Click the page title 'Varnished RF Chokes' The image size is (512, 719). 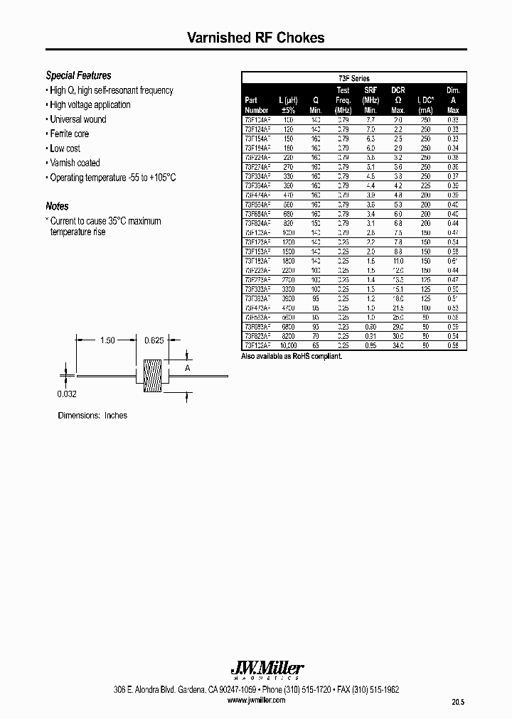click(x=255, y=38)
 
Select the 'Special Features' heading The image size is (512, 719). click(x=78, y=75)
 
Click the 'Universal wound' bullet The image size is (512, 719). click(x=78, y=119)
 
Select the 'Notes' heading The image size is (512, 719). click(x=57, y=206)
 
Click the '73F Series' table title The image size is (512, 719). click(x=353, y=78)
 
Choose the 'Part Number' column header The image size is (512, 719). click(x=256, y=105)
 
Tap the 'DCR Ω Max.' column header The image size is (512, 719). click(x=398, y=100)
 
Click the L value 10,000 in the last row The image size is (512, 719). click(x=289, y=345)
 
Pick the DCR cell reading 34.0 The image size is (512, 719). click(x=398, y=345)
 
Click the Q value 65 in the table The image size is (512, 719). click(x=316, y=345)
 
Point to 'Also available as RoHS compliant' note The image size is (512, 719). click(x=292, y=355)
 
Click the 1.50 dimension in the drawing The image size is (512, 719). click(x=107, y=341)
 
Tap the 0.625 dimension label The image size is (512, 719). click(x=154, y=341)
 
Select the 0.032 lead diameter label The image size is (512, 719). click(x=67, y=393)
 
